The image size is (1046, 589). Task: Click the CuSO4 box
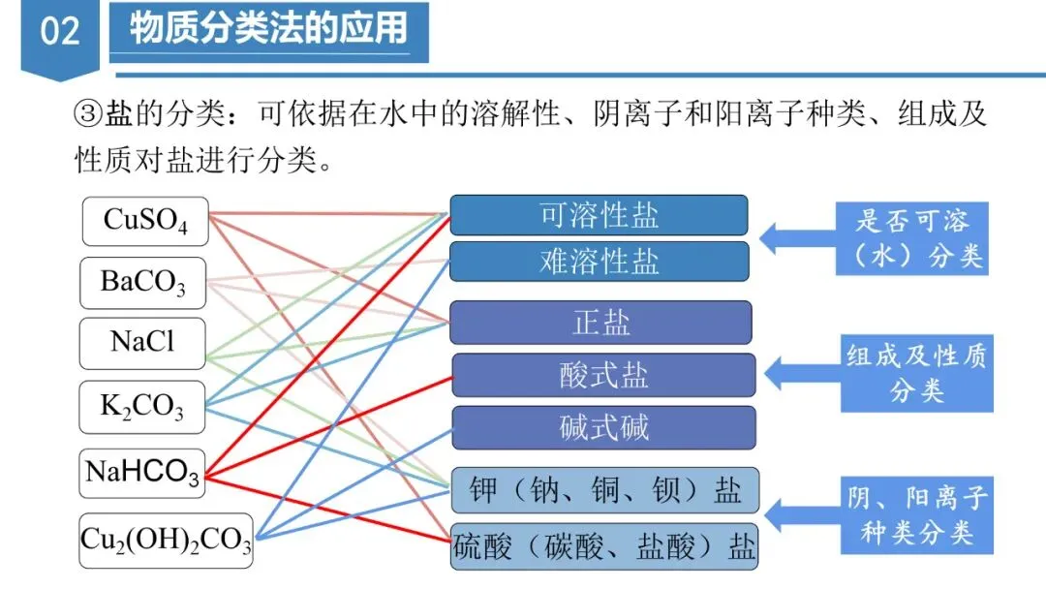coord(143,220)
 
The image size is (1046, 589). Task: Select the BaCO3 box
coord(143,283)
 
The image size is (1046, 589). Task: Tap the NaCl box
coord(143,343)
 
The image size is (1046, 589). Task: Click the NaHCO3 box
coord(143,473)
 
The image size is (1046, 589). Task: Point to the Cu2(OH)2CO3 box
coord(166,540)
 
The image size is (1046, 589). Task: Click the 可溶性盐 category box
coord(599,215)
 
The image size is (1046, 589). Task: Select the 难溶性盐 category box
coord(599,262)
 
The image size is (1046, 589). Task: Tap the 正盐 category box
coord(600,323)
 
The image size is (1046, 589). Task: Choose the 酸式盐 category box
coord(602,375)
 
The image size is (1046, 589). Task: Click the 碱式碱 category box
coord(602,427)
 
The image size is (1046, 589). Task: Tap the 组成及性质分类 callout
coord(915,373)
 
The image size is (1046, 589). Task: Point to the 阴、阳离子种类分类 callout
coord(915,514)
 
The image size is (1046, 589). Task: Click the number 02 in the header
coord(59,32)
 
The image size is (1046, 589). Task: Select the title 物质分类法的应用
coord(268,29)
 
